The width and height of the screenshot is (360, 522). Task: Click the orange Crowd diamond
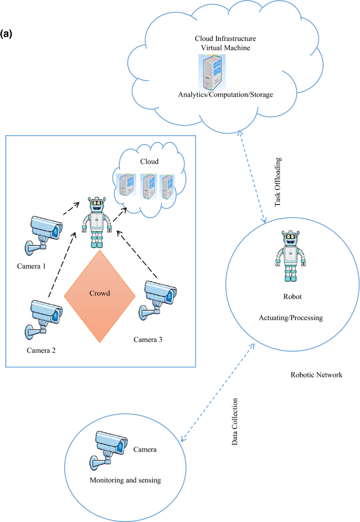click(99, 297)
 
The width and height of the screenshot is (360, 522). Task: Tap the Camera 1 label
click(30, 267)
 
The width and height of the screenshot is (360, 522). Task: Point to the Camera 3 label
click(148, 340)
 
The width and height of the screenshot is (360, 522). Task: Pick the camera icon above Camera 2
click(45, 315)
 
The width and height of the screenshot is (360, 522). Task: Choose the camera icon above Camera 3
click(159, 298)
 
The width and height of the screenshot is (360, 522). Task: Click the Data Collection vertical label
click(235, 422)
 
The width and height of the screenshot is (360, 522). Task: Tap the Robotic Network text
click(316, 375)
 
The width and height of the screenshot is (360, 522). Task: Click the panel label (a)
click(11, 34)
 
